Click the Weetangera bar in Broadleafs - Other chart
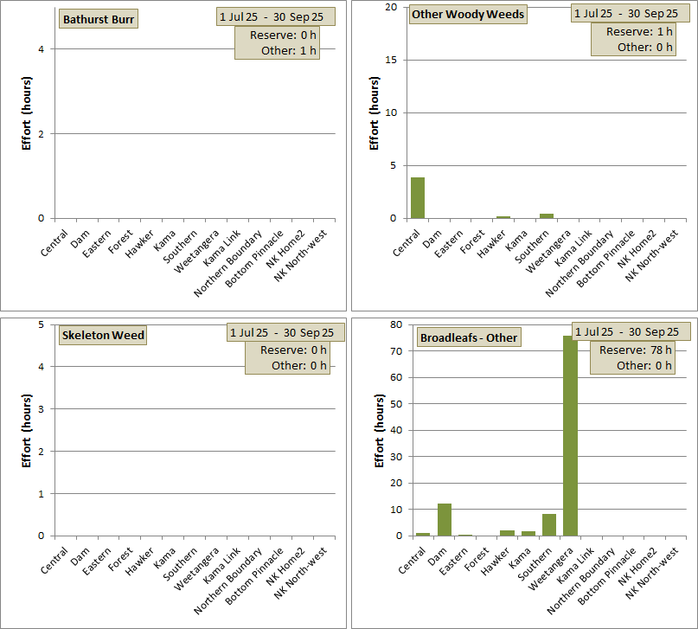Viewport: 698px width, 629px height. (x=570, y=435)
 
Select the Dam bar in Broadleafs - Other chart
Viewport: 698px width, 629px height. (x=445, y=519)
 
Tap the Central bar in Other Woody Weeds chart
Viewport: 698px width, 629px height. (x=418, y=197)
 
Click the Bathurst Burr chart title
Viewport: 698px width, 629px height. (x=99, y=20)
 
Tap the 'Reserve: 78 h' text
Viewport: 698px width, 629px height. (x=636, y=350)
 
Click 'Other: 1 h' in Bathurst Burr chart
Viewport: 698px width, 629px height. (x=289, y=50)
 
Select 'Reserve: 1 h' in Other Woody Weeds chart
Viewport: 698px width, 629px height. (x=640, y=31)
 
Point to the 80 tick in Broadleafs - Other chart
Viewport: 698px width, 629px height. (x=397, y=324)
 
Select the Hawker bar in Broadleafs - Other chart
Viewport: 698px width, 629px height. (x=508, y=533)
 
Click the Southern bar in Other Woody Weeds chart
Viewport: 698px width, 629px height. (x=547, y=215)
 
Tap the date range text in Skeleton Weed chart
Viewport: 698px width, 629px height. (x=285, y=332)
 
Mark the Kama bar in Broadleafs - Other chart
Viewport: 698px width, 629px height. (x=528, y=533)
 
